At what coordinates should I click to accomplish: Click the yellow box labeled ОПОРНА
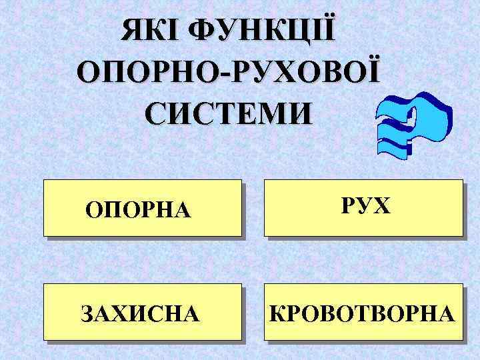click(x=142, y=207)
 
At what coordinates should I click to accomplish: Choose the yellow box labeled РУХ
click(x=363, y=207)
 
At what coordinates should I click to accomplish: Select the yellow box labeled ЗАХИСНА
click(x=142, y=312)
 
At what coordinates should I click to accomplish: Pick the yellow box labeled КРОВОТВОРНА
click(x=363, y=312)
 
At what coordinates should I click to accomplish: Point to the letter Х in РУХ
click(x=381, y=206)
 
